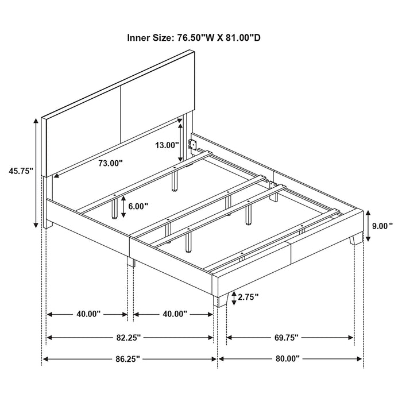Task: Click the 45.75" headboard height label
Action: click(x=21, y=171)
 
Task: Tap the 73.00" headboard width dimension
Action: click(x=110, y=163)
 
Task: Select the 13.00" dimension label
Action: click(x=167, y=145)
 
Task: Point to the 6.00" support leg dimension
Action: click(x=138, y=206)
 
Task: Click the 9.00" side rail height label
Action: click(x=382, y=226)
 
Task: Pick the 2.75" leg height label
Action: click(x=248, y=297)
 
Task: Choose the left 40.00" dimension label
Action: click(x=87, y=314)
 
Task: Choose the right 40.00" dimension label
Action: click(x=175, y=314)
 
